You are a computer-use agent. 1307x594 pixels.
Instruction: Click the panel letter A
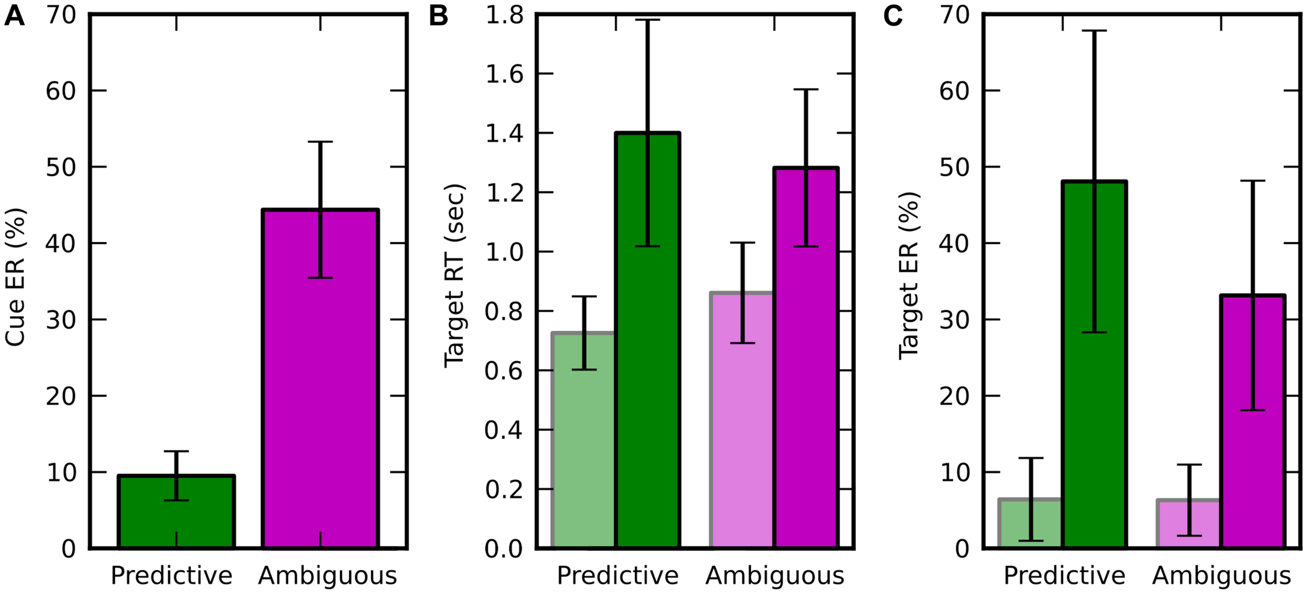tap(14, 16)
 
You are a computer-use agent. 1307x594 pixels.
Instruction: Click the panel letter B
tap(438, 16)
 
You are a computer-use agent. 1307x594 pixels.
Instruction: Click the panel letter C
tap(893, 16)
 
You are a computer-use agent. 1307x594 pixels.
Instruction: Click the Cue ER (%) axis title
tap(16, 277)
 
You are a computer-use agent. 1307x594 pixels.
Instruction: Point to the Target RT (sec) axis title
tap(454, 276)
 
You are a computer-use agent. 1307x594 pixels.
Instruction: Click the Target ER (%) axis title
tap(909, 276)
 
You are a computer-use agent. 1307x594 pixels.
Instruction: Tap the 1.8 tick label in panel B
tap(504, 15)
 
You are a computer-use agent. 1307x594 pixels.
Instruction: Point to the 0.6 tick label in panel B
tap(503, 371)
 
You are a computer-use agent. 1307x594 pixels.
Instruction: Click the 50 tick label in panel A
tap(61, 167)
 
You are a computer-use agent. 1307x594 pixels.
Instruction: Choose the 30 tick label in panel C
tap(955, 319)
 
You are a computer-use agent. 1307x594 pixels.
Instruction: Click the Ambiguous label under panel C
tap(1221, 576)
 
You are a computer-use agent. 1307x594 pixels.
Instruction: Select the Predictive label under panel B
tap(617, 576)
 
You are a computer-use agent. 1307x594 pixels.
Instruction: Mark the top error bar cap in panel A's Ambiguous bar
tap(320, 142)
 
